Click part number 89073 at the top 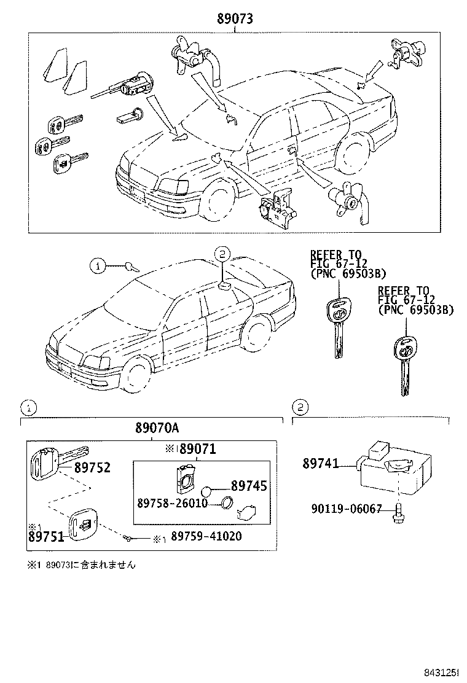(234, 19)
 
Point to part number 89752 (92, 468)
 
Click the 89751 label (45, 536)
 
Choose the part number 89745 (249, 486)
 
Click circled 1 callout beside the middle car (96, 266)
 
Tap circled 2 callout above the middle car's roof (222, 253)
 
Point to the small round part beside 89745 (206, 490)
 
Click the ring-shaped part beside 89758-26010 (226, 504)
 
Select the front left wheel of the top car (216, 198)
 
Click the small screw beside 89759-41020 (127, 538)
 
